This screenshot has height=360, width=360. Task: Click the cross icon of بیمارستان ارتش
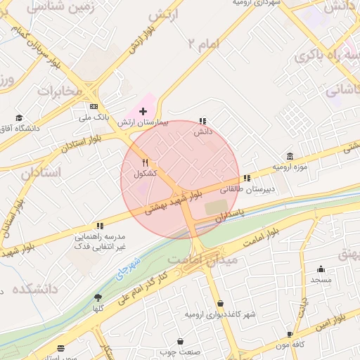point(143,111)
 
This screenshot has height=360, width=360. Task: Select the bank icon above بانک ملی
point(94,107)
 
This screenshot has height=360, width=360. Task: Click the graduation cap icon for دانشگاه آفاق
point(19,117)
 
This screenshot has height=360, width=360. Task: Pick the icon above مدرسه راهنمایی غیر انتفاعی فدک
point(100,226)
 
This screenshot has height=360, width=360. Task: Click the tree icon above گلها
point(98,297)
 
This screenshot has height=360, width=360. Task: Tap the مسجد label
point(321,279)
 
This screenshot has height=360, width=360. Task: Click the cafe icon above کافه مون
point(290,335)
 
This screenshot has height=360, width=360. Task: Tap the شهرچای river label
point(128,265)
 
